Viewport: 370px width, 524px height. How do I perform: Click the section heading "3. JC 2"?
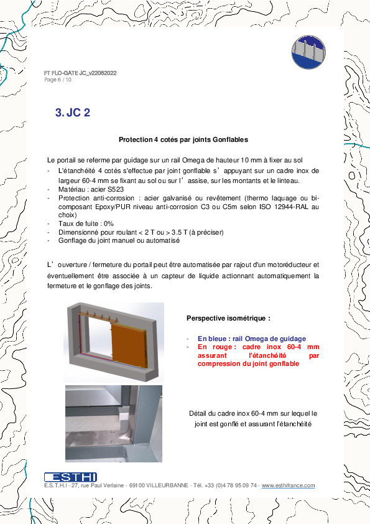point(73,113)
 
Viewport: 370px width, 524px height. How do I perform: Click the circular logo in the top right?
point(309,51)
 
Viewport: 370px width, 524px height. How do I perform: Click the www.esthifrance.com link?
point(288,485)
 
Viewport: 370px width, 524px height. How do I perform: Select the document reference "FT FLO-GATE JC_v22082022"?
point(80,73)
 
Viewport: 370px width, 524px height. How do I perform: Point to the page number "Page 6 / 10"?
point(58,80)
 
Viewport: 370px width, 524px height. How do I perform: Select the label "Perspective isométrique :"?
point(228,318)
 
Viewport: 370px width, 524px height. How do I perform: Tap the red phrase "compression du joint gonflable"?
point(248,364)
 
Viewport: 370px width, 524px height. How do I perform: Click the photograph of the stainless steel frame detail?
point(113,423)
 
